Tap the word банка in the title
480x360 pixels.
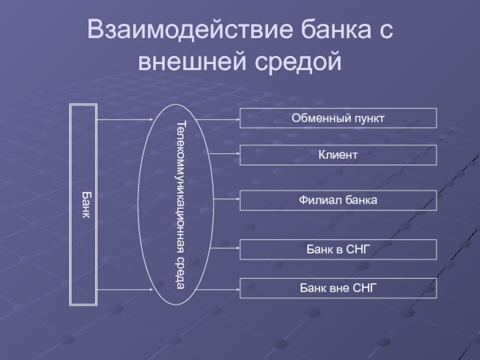(x=335, y=29)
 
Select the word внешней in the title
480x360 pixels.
(x=192, y=61)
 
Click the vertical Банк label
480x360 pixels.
(x=86, y=205)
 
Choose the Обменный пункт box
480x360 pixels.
(x=338, y=118)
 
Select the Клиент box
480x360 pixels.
(x=338, y=155)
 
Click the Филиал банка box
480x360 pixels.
(x=338, y=200)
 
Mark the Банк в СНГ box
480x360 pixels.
(x=338, y=250)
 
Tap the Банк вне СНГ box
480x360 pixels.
(x=338, y=288)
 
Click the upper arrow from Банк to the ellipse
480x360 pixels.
(x=125, y=119)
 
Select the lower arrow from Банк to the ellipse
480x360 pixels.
(x=125, y=289)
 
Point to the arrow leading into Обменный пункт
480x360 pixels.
(x=218, y=119)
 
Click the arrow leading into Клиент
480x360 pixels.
(x=224, y=154)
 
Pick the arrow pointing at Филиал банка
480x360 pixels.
(x=227, y=199)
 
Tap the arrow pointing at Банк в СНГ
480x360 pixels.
(x=225, y=248)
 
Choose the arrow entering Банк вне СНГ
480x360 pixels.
(x=217, y=289)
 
